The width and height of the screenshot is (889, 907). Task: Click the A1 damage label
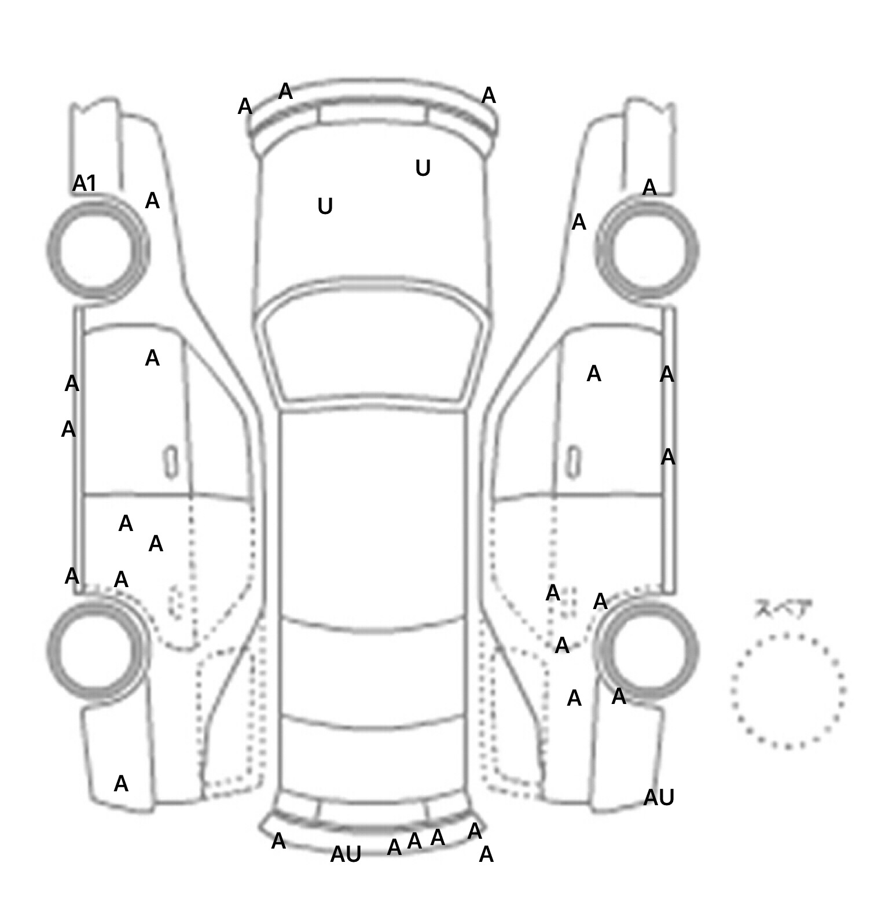[85, 184]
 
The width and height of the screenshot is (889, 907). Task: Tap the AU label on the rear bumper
[346, 854]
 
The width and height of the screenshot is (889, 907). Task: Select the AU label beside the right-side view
[659, 798]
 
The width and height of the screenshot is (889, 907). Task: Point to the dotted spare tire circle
[788, 691]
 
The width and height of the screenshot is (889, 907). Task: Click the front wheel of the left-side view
[97, 249]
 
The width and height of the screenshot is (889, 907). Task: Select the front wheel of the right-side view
[648, 250]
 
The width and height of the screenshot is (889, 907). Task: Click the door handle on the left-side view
[171, 462]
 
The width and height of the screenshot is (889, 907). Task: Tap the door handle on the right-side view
[573, 462]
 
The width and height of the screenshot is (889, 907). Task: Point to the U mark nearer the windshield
[325, 207]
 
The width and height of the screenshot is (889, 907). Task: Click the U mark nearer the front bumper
[423, 168]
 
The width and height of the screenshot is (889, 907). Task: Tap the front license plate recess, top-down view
[372, 113]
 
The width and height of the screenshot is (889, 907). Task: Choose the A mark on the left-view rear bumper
[121, 784]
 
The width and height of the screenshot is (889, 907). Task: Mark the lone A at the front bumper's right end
[488, 96]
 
